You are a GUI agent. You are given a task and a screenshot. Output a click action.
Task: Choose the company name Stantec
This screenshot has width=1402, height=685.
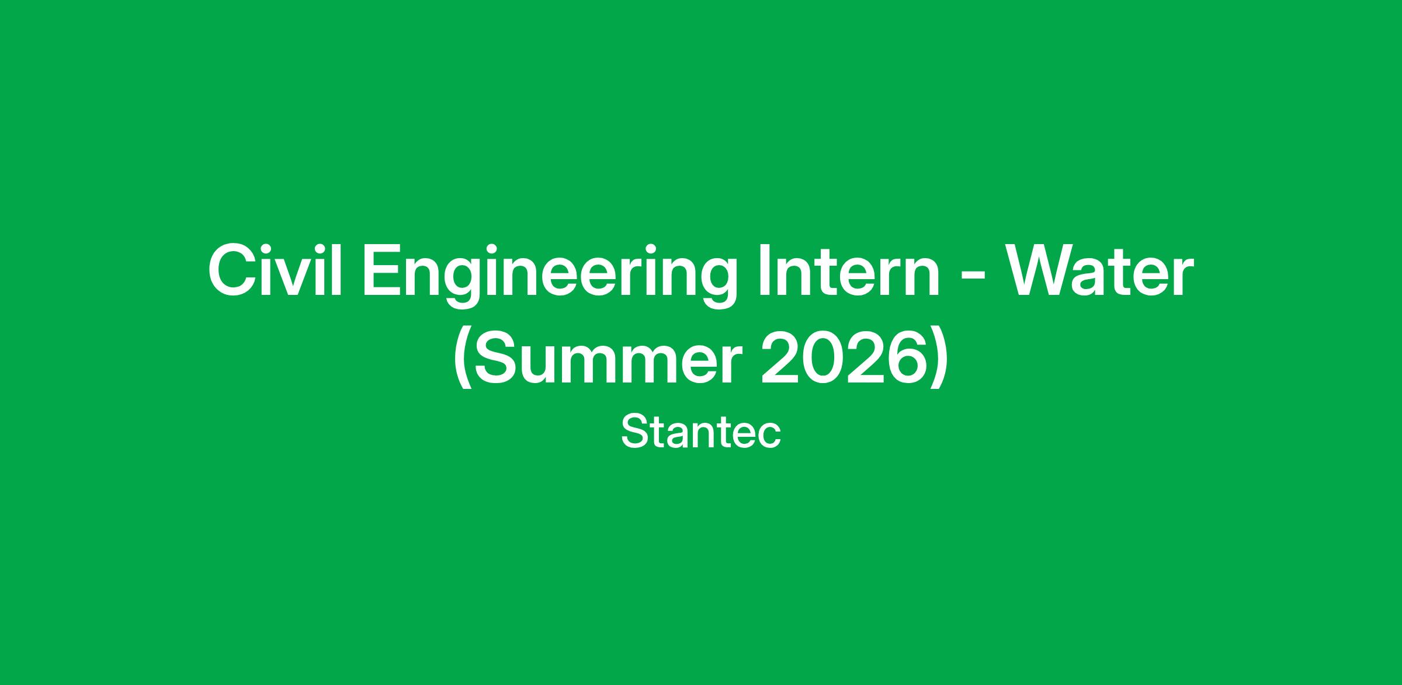point(701,432)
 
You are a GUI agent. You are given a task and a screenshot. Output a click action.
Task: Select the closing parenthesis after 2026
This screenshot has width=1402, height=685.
point(937,359)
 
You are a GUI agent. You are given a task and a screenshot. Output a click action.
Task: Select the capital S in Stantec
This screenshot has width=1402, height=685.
point(634,432)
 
